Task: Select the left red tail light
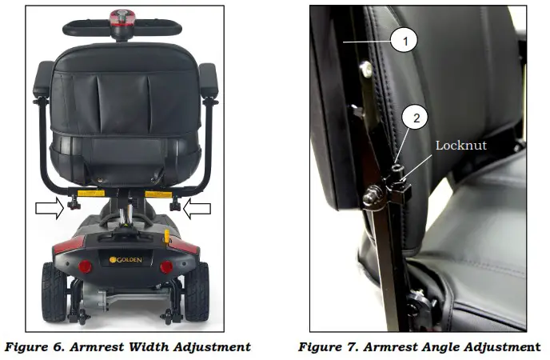click(85, 266)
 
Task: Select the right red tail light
click(166, 266)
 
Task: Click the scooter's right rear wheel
click(195, 290)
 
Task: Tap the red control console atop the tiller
click(125, 16)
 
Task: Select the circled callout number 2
click(416, 117)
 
